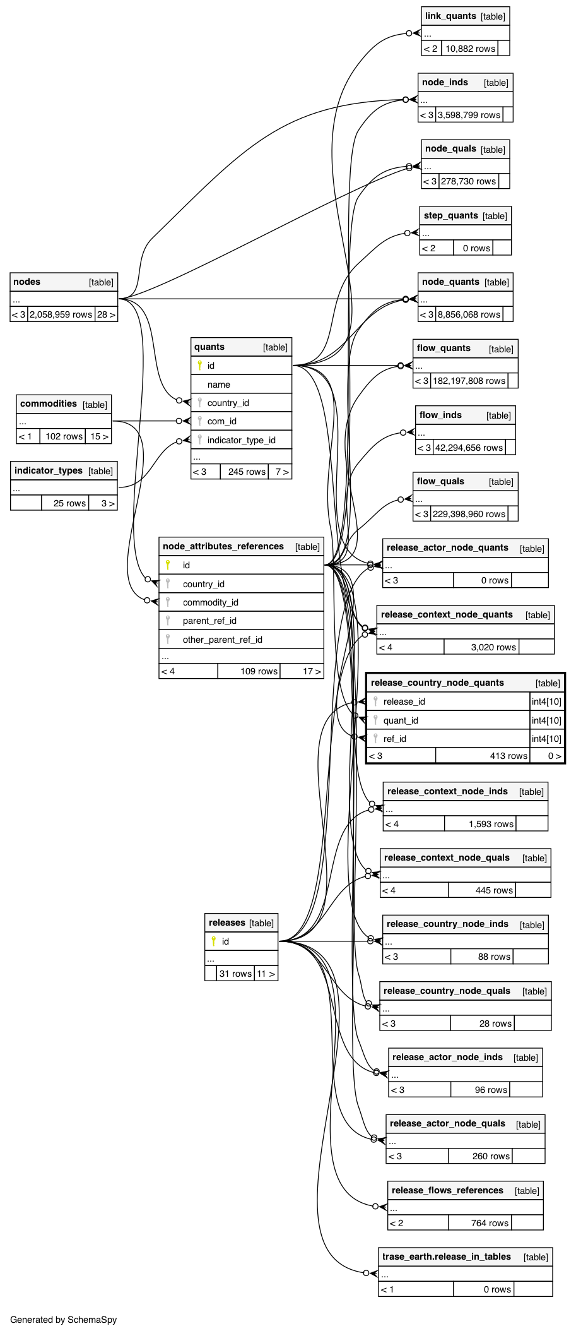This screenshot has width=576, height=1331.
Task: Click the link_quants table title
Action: [450, 16]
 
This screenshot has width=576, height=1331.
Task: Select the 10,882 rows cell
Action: [470, 49]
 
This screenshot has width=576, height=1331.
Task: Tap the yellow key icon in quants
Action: [199, 365]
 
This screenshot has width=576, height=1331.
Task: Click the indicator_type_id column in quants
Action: [241, 440]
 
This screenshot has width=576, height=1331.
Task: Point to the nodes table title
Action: [27, 282]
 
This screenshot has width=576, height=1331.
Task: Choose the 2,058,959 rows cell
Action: [61, 314]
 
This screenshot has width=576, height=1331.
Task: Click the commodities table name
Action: [49, 403]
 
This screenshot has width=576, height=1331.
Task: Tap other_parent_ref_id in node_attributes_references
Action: [222, 640]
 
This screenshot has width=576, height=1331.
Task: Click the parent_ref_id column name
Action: [209, 621]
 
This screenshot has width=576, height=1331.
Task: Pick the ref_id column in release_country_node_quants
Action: [394, 739]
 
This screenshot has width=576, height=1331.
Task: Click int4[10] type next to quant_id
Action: [546, 720]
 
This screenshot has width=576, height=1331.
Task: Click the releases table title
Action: [227, 922]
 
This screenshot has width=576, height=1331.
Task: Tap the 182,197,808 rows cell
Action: [469, 381]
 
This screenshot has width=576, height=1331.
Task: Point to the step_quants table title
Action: [451, 215]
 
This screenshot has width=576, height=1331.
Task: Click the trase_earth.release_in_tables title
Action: [447, 1256]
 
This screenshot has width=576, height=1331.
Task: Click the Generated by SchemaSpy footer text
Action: [64, 1320]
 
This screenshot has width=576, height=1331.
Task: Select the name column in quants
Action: [219, 385]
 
